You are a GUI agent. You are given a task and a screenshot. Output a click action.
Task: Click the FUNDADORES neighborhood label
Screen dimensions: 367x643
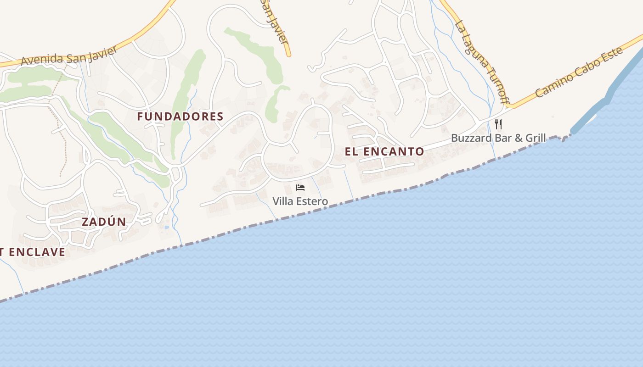[x=180, y=117]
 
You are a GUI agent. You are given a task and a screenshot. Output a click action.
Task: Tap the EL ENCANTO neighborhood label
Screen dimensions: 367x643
[x=384, y=151]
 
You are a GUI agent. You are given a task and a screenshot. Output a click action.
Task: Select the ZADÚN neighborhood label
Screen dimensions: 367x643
[x=104, y=222]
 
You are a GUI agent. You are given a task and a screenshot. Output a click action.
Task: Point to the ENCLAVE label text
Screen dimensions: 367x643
[x=37, y=252]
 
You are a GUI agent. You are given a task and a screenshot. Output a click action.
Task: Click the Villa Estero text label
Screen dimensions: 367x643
[x=300, y=201]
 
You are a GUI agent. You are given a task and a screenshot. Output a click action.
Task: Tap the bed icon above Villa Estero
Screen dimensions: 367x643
[x=300, y=188]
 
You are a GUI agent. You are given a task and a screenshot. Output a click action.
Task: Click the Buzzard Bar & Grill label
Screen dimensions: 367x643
[x=498, y=138]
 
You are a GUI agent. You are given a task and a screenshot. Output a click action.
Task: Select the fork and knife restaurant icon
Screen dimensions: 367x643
[x=498, y=124]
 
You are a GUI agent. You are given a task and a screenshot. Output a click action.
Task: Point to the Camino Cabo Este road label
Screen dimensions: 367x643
[x=580, y=72]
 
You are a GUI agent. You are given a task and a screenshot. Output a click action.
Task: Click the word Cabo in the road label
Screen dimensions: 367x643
[x=584, y=69]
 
